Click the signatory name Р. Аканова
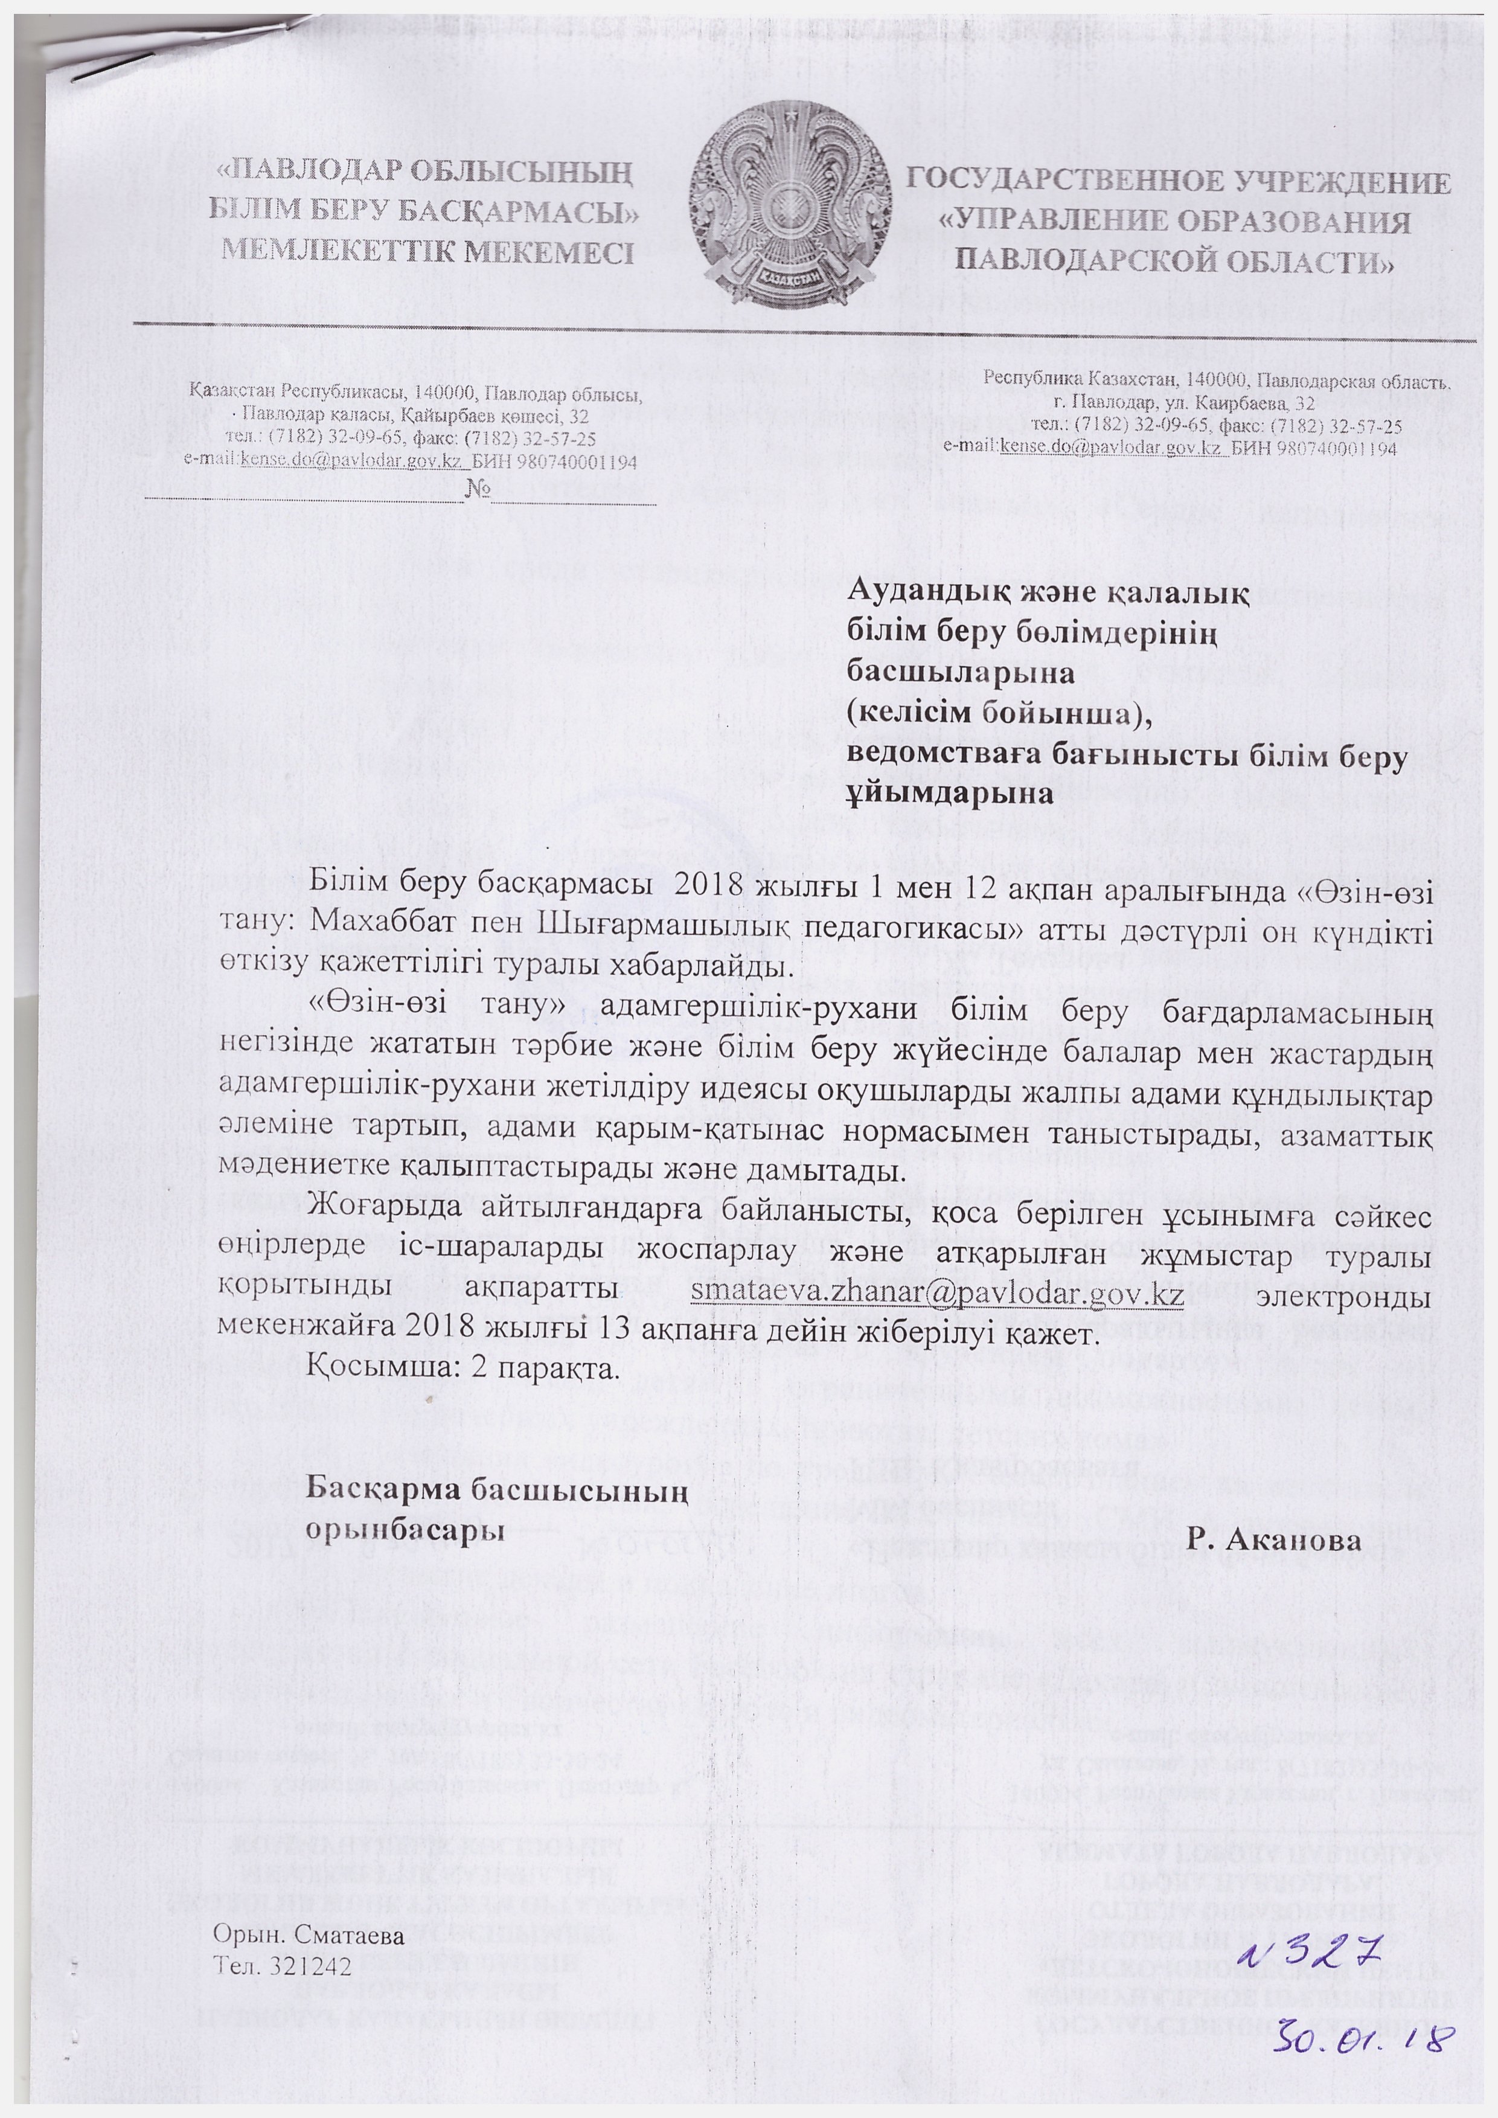tap(1274, 1541)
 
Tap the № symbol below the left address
tap(477, 487)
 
